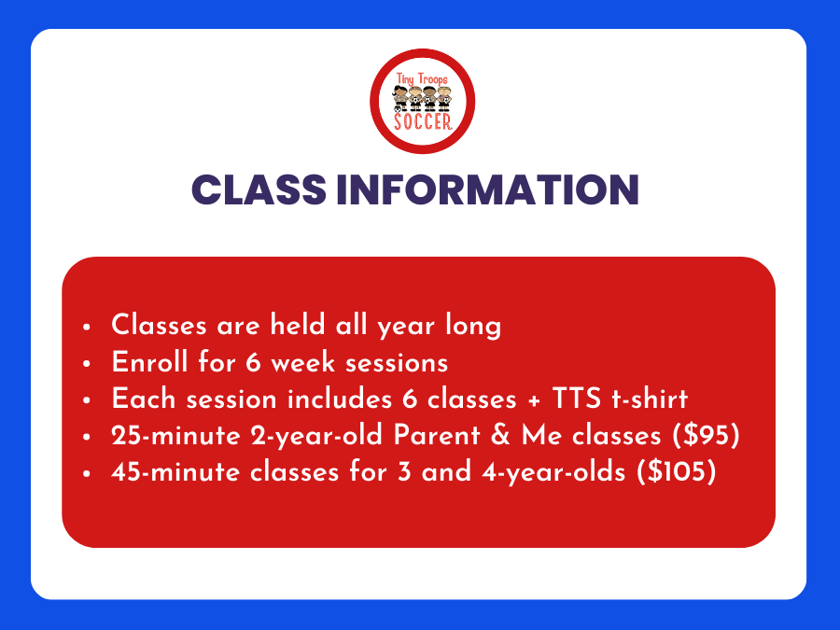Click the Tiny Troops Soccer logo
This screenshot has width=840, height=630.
point(422,101)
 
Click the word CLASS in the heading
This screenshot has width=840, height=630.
point(259,189)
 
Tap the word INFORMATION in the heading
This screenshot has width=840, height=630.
point(487,189)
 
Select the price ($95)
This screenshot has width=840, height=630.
point(707,435)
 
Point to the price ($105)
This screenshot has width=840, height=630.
point(676,472)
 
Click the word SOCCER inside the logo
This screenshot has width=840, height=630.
point(423,121)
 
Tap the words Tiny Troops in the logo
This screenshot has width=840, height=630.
point(422,79)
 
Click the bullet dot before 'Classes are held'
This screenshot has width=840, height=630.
point(87,327)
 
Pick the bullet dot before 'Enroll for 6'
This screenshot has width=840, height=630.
point(87,363)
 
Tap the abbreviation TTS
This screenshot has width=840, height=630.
point(577,399)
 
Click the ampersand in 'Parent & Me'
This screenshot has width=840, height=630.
point(501,435)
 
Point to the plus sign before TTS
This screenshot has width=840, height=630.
point(534,400)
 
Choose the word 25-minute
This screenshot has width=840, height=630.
point(175,436)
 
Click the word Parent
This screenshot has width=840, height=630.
point(437,435)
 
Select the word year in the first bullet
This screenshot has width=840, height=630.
point(406,327)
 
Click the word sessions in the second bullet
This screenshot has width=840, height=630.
point(397,363)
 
